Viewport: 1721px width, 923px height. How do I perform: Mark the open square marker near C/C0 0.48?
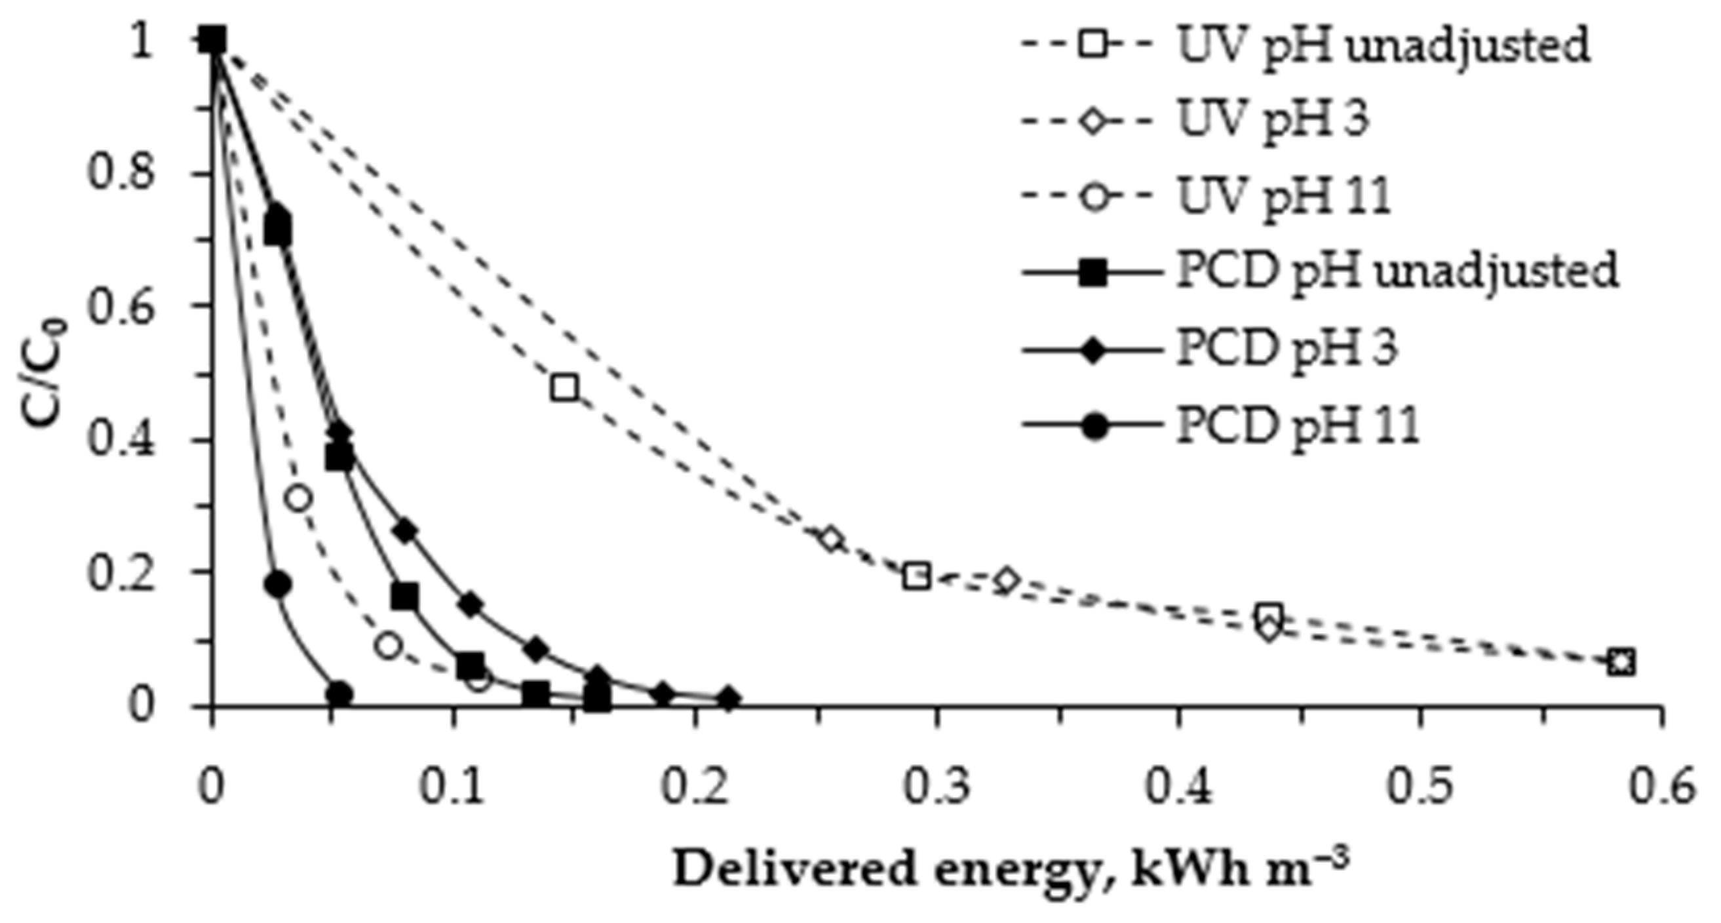564,387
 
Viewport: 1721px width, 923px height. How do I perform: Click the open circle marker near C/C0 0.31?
299,498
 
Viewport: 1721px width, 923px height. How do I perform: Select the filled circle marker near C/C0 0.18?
278,584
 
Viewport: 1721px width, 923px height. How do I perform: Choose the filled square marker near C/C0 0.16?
405,595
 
